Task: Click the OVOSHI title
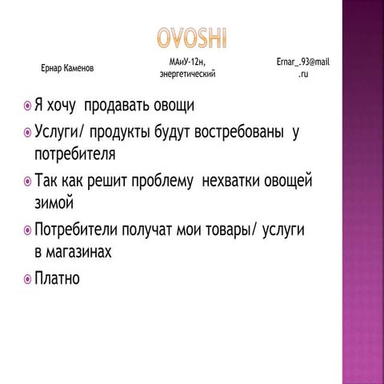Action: coord(192,38)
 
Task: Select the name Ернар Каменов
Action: coord(67,69)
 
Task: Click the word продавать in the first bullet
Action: coord(122,106)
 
